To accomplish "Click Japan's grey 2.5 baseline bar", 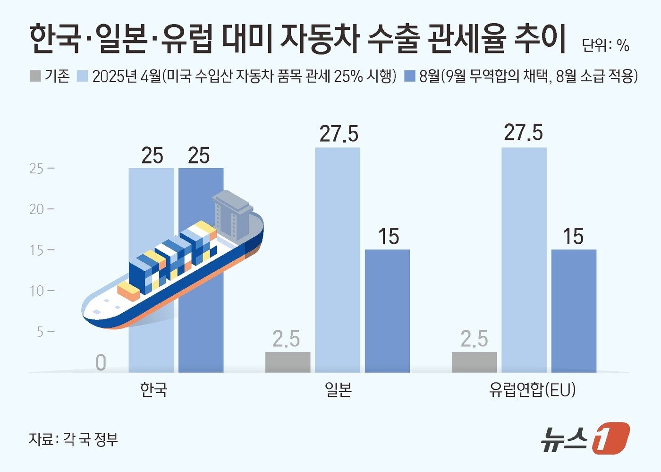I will click(x=288, y=362).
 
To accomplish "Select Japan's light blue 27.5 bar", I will click(x=337, y=260).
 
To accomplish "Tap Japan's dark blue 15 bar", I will click(x=387, y=310).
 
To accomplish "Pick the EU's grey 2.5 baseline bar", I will click(x=474, y=362).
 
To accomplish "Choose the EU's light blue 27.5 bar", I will click(x=524, y=260).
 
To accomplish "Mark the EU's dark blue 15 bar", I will click(x=574, y=310).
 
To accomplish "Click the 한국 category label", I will click(x=154, y=390).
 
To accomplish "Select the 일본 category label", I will click(x=338, y=390).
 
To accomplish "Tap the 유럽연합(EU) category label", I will click(x=532, y=390).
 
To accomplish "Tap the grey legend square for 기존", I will click(x=35, y=76).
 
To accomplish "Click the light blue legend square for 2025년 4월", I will click(x=82, y=76).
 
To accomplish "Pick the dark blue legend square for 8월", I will click(x=410, y=76).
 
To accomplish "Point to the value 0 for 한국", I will click(x=101, y=363).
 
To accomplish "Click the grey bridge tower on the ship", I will click(x=231, y=213).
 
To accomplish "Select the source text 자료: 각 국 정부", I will click(x=73, y=439).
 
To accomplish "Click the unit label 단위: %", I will click(x=605, y=45).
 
